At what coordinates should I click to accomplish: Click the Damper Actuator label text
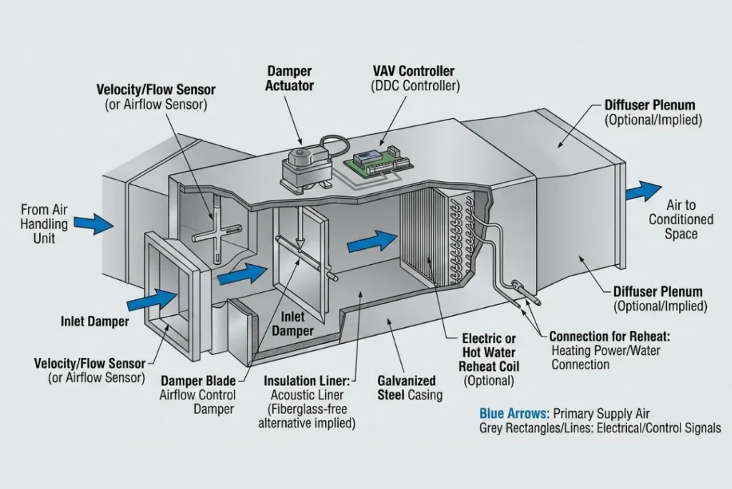coord(290,78)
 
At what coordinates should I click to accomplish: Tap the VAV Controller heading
coord(413,72)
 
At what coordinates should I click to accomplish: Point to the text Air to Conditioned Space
coord(681,219)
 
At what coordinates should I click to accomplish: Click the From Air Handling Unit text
coord(44,223)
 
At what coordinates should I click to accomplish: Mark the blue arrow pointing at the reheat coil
coord(371,243)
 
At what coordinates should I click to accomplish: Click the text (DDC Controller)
coord(415,86)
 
